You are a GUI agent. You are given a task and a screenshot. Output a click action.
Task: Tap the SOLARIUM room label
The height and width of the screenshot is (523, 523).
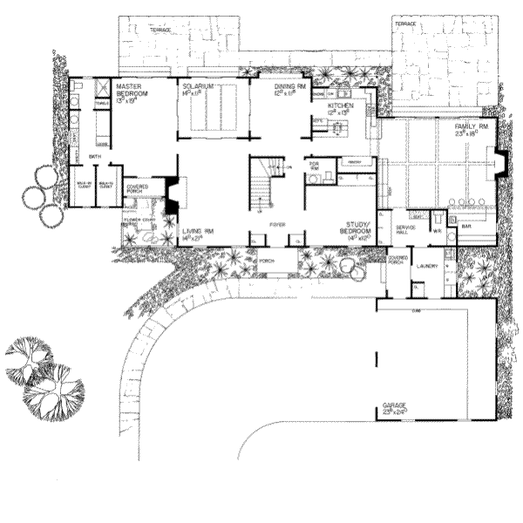[200, 87]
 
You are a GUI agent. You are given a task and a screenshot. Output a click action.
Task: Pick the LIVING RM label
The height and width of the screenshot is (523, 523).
[193, 232]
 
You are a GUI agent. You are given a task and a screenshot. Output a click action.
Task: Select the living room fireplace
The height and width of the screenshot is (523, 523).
[172, 195]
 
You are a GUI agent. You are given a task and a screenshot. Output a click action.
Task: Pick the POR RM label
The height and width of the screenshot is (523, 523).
[314, 166]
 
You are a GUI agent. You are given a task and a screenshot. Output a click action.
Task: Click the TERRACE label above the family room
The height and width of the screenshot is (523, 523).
[405, 24]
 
